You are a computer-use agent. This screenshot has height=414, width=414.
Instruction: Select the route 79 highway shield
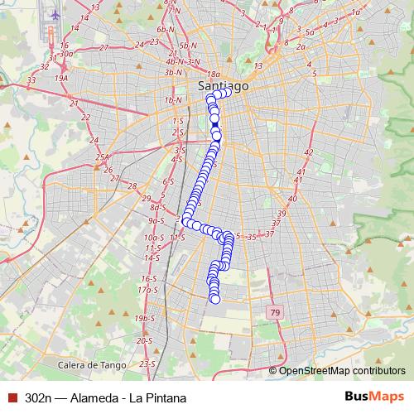(x=274, y=312)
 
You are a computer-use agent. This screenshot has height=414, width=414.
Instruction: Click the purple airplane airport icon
(x=56, y=15)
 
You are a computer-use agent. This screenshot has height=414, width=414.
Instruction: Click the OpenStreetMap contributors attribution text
(x=342, y=370)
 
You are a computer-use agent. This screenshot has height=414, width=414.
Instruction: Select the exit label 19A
(x=61, y=77)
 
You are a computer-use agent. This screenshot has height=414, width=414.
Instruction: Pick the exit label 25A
(x=103, y=156)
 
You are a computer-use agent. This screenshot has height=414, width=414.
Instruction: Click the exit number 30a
(x=67, y=54)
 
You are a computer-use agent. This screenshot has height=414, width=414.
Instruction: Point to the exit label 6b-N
(x=166, y=29)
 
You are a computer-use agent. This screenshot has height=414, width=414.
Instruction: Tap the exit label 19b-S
(x=146, y=318)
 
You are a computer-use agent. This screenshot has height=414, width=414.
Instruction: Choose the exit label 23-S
(x=148, y=363)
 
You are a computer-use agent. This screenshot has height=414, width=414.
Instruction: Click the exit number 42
(x=308, y=153)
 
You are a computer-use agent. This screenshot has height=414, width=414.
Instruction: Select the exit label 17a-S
(x=147, y=291)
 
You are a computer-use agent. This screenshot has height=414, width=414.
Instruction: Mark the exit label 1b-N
(x=173, y=100)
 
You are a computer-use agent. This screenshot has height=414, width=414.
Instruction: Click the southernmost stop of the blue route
(x=214, y=299)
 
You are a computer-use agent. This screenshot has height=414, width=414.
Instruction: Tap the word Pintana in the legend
(x=162, y=397)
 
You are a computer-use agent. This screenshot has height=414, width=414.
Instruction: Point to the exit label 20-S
(x=145, y=340)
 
